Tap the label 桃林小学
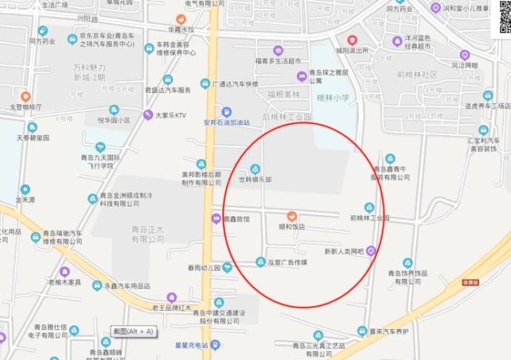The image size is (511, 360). tap(333, 98)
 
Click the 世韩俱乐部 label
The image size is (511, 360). tap(254, 180)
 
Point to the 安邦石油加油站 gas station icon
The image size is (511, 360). tap(227, 112)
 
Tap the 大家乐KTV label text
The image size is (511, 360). tap(170, 115)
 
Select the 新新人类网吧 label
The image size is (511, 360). tap(345, 250)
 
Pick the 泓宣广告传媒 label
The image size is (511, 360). tap(287, 262)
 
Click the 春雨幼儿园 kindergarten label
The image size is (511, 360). tap(203, 267)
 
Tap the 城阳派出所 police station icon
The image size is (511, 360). tap(352, 40)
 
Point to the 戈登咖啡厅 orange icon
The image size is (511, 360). tap(25, 97)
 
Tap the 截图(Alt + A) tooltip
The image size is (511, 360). tap(134, 331)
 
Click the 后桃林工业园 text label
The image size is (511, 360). tap(287, 117)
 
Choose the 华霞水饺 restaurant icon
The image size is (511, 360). tap(181, 20)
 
